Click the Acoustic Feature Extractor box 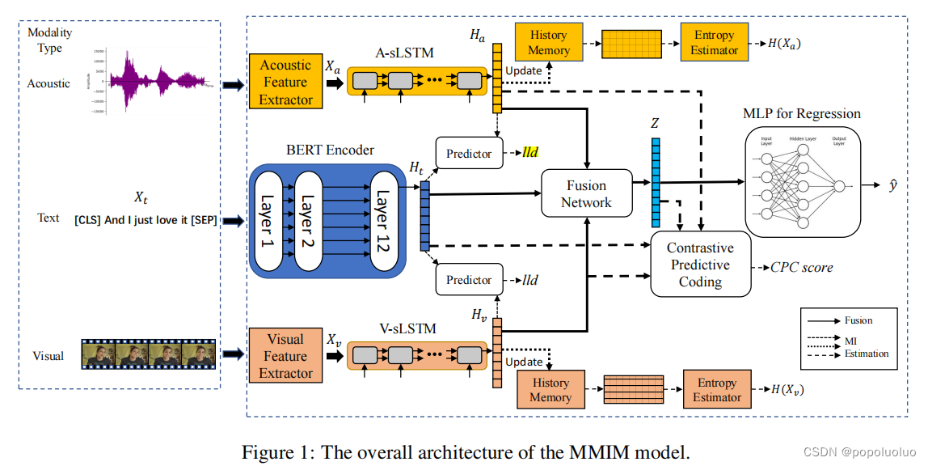(x=285, y=82)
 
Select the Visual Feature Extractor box (x=285, y=356)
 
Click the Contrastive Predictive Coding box (x=700, y=265)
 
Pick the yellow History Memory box (x=548, y=43)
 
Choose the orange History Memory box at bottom (x=549, y=390)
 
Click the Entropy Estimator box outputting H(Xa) (x=714, y=43)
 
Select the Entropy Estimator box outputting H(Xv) (x=716, y=390)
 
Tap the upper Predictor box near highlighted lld (x=469, y=153)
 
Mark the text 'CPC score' (x=801, y=267)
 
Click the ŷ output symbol (x=892, y=185)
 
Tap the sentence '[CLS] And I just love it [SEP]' (x=146, y=219)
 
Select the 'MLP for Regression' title (x=801, y=113)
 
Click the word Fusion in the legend (x=858, y=320)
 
